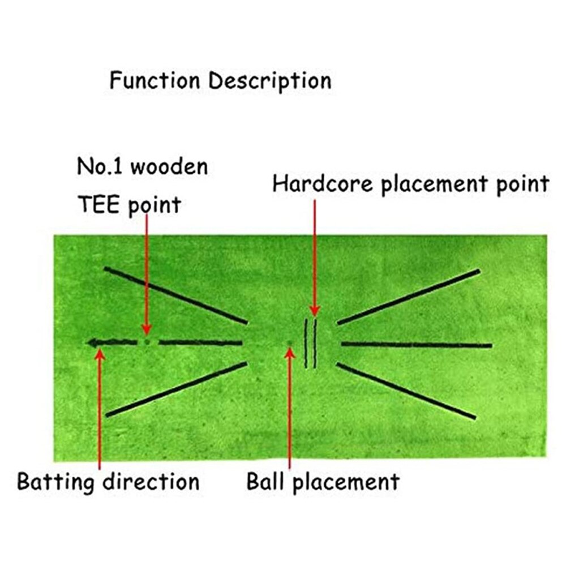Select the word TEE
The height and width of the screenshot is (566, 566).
98,204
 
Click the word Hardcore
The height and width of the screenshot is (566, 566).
323,185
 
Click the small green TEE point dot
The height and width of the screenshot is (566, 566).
147,342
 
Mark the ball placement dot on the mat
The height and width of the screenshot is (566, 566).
290,342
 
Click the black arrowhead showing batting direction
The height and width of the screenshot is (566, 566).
93,342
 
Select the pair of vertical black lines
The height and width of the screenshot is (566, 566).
310,344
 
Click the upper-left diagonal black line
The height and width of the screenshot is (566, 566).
175,295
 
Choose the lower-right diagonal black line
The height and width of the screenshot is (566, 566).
406,391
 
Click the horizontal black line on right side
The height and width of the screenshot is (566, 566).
416,344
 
